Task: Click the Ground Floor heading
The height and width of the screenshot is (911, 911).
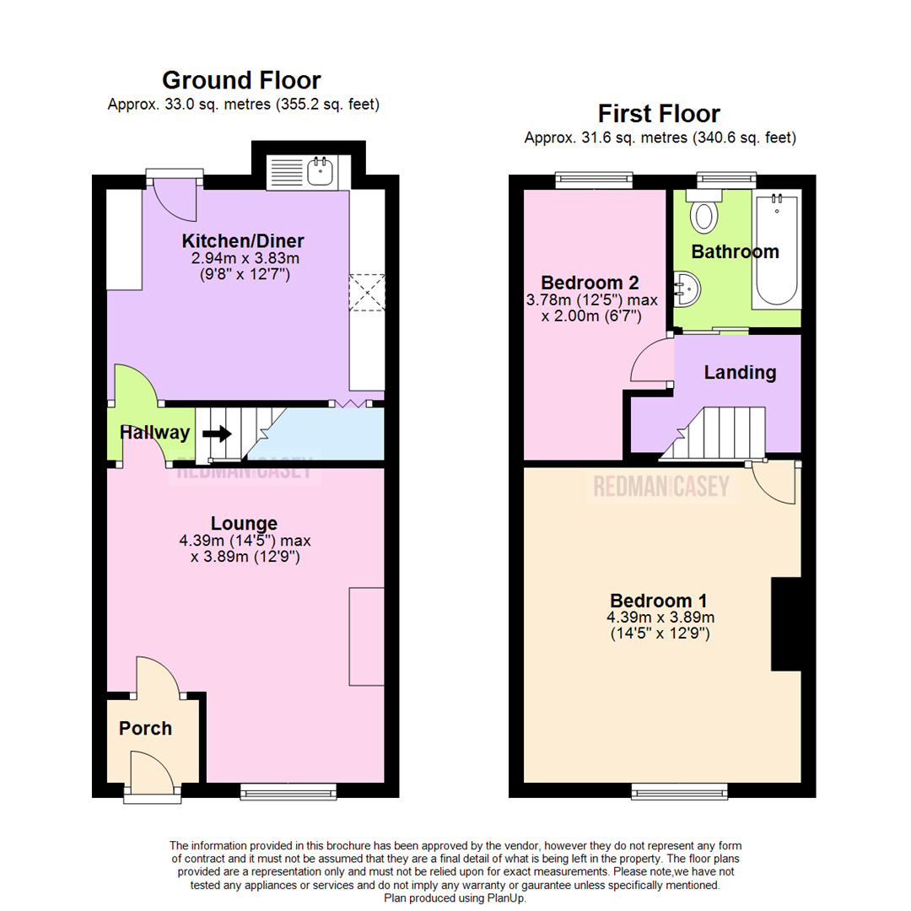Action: (x=240, y=81)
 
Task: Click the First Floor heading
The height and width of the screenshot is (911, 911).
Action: (x=659, y=113)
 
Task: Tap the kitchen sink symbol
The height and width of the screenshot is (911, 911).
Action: (x=321, y=172)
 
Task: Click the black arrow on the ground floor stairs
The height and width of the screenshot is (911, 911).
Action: (x=216, y=434)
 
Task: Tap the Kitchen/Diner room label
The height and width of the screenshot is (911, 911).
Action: (x=243, y=241)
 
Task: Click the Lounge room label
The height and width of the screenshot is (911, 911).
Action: (x=244, y=524)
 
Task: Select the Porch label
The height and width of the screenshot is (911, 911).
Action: (x=145, y=728)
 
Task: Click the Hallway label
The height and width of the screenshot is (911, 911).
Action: (x=154, y=433)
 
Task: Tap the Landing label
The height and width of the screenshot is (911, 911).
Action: (x=740, y=372)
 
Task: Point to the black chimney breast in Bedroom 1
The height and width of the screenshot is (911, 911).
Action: (x=785, y=624)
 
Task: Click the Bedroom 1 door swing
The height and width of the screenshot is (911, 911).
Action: (x=774, y=483)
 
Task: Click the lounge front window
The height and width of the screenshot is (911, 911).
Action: (x=288, y=790)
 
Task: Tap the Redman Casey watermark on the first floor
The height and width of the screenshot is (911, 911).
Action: (x=662, y=487)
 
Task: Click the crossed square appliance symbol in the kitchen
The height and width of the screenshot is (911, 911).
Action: (x=367, y=292)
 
